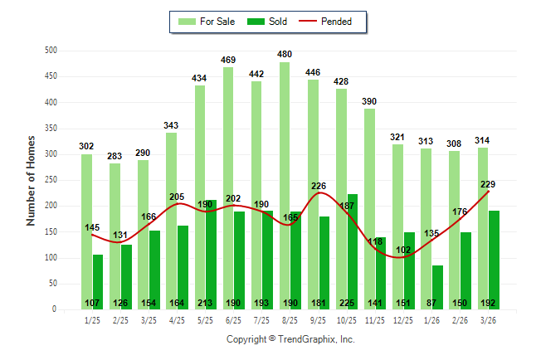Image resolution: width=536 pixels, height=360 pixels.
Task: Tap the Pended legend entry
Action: [331, 22]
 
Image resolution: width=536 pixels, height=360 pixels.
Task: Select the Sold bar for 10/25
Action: [353, 249]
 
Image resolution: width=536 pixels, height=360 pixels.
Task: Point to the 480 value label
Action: [285, 56]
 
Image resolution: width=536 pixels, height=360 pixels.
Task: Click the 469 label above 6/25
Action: [228, 60]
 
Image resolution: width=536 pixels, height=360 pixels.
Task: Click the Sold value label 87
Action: [437, 303]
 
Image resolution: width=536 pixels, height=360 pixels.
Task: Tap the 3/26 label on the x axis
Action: [489, 319]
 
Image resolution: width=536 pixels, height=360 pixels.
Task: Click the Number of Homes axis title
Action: [31, 180]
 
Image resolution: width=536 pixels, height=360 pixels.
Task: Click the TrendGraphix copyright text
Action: [290, 339]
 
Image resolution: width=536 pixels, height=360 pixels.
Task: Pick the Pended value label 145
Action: [92, 227]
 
